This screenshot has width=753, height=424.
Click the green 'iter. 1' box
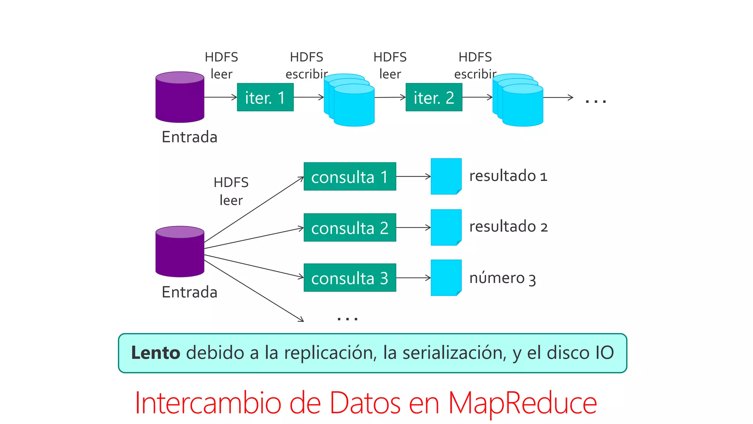(x=265, y=97)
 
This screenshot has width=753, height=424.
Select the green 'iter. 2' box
(x=434, y=97)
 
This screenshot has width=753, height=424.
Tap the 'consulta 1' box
(x=350, y=177)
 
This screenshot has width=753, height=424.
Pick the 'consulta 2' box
(x=350, y=227)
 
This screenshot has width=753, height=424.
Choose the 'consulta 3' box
(x=350, y=278)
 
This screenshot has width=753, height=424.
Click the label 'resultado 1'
(x=508, y=176)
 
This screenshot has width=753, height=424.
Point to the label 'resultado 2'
(x=508, y=226)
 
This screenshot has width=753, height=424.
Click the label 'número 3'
(x=502, y=278)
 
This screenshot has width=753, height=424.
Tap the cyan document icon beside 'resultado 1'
(x=446, y=176)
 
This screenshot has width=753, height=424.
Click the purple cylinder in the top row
(x=180, y=98)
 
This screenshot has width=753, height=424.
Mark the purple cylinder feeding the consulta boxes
(x=180, y=252)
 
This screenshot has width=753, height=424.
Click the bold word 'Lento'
(x=156, y=353)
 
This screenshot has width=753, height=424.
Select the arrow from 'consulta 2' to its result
(x=413, y=227)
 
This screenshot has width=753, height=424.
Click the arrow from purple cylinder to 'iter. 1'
(x=220, y=97)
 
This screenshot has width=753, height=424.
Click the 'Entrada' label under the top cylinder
(x=189, y=137)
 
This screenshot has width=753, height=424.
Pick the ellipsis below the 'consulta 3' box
(x=347, y=318)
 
